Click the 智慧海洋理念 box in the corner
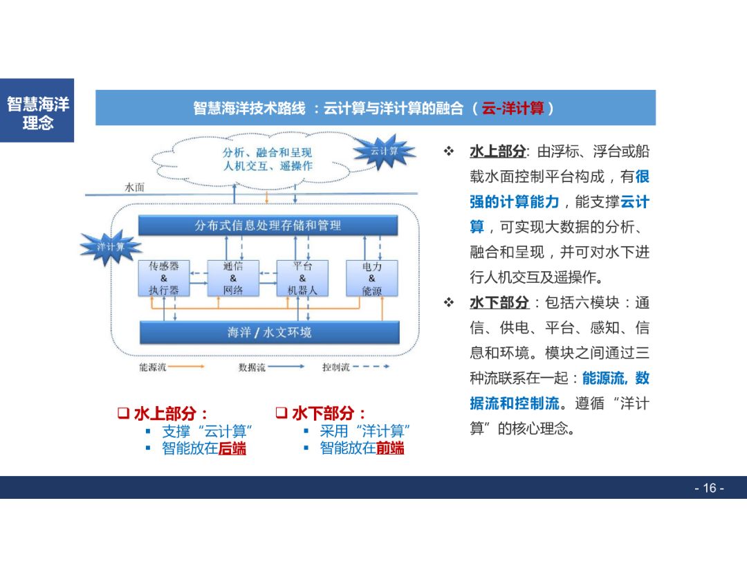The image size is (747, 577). coord(37,113)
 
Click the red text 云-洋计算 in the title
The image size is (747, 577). coord(513,109)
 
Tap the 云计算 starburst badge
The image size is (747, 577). coord(385,152)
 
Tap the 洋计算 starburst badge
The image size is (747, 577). coord(111,246)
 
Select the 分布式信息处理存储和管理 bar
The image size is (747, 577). coord(268,226)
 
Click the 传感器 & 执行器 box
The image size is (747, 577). coord(164,278)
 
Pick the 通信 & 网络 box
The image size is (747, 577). coord(233,278)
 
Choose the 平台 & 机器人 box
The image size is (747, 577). coord(302,278)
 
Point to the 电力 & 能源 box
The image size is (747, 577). coord(371,278)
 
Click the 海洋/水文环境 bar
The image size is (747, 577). coord(269,332)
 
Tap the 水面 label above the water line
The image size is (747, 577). coord(134,187)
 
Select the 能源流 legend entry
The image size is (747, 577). coord(153,367)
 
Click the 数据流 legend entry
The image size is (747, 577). coord(252,367)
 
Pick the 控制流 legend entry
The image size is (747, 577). coord(335,367)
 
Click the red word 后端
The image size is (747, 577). coord(232,448)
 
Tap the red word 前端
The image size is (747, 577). coord(390,448)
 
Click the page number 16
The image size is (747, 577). coord(709,488)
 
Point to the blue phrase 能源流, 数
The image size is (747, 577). coord(615,378)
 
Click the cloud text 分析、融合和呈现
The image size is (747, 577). coord(267,153)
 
